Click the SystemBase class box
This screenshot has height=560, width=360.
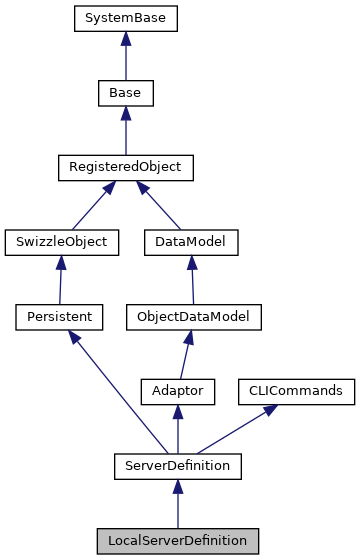pyautogui.click(x=123, y=18)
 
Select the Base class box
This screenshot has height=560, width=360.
pyautogui.click(x=123, y=93)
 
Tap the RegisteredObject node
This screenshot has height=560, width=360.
pyautogui.click(x=123, y=167)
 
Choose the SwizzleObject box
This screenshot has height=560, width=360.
pyautogui.click(x=61, y=241)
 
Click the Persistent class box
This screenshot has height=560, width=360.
pyautogui.click(x=61, y=316)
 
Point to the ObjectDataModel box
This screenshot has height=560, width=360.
pyautogui.click(x=192, y=316)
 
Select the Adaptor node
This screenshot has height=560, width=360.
pyautogui.click(x=178, y=391)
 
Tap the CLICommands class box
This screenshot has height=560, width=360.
pyautogui.click(x=295, y=391)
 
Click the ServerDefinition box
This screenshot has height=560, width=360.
pyautogui.click(x=178, y=465)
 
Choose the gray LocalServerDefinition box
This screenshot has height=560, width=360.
pyautogui.click(x=178, y=540)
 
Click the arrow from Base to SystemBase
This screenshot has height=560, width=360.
pyautogui.click(x=123, y=56)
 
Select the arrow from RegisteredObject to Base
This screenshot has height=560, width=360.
pyautogui.click(x=123, y=130)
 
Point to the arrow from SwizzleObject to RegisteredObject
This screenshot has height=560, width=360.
pyautogui.click(x=92, y=204)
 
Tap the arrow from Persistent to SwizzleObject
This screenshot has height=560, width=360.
pyautogui.click(x=61, y=279)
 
